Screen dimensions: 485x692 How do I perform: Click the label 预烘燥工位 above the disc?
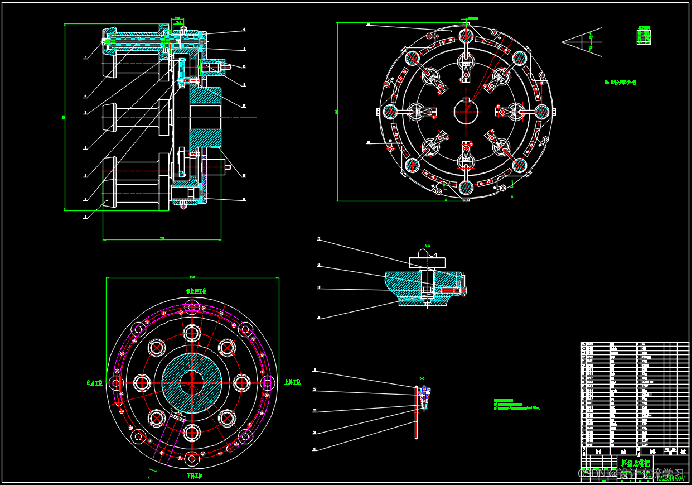(x=196, y=291)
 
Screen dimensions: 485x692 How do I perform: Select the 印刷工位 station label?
(x=95, y=383)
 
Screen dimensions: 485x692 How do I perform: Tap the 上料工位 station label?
(x=292, y=382)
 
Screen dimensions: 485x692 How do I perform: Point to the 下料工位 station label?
(x=195, y=476)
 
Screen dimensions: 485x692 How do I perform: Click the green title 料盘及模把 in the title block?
(x=635, y=463)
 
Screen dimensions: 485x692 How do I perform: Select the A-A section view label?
(x=427, y=246)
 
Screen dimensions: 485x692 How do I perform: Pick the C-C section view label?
(x=422, y=378)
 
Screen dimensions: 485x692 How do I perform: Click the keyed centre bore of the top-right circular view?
(x=466, y=111)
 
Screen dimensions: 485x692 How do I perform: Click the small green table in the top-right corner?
(x=643, y=36)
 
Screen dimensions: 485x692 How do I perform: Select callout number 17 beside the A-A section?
(x=318, y=239)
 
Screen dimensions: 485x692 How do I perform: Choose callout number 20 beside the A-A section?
(x=318, y=318)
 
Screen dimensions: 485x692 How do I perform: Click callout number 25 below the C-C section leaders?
(x=314, y=449)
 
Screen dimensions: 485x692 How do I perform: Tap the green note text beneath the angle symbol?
(x=620, y=83)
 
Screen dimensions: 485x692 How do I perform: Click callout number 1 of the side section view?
(x=85, y=217)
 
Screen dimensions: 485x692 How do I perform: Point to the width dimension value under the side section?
(x=162, y=239)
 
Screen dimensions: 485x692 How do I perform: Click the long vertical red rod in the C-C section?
(x=416, y=413)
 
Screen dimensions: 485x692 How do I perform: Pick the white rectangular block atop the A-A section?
(x=427, y=262)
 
